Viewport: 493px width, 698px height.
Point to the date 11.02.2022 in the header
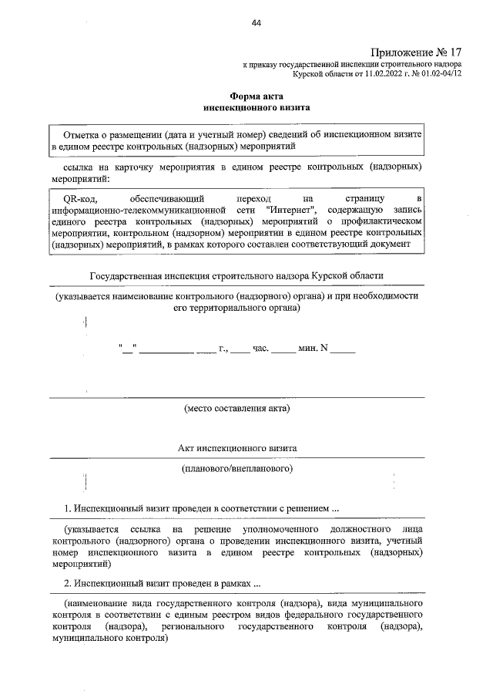(379, 75)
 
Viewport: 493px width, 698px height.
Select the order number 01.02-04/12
(441, 75)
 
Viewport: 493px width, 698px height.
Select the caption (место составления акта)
(236, 408)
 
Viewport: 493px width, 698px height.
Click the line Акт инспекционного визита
(236, 448)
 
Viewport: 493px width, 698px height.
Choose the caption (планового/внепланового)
(236, 468)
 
